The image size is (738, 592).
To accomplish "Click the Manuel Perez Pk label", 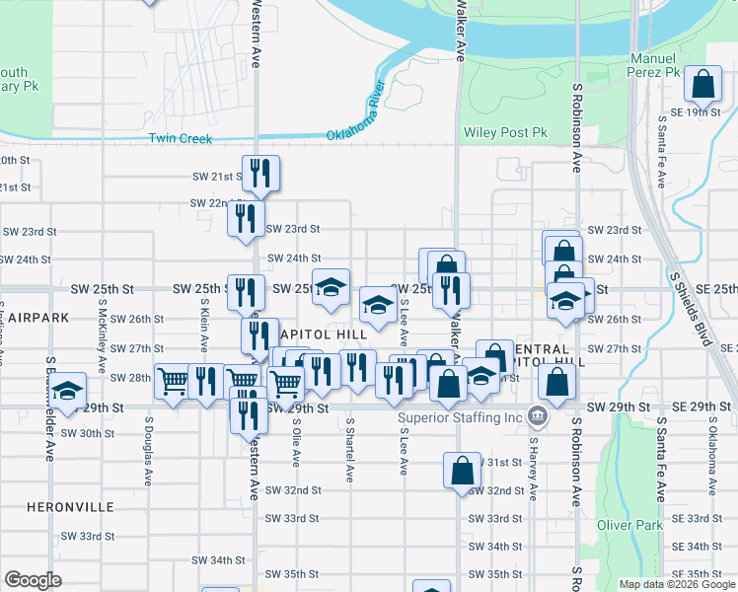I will (x=655, y=65).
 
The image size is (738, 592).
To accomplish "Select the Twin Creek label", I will (x=181, y=138).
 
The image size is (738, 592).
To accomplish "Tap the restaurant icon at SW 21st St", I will (x=260, y=174).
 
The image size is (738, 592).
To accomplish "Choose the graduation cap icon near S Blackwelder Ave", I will (x=69, y=393).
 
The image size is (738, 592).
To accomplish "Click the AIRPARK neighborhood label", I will (x=27, y=319).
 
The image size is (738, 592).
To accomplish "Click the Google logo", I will (x=33, y=579).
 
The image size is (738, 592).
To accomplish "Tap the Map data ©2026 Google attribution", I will (x=677, y=584).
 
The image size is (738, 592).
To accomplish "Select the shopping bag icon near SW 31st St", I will (x=462, y=472).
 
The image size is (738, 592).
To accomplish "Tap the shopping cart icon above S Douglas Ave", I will (x=173, y=381).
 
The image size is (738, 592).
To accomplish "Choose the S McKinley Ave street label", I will (x=102, y=336).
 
